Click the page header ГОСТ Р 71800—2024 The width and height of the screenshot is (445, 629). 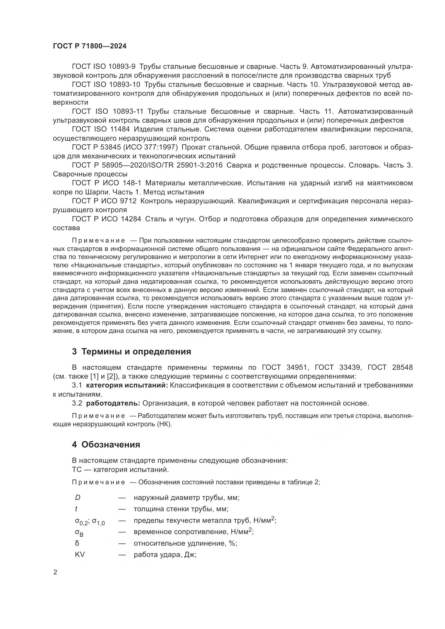[x=90, y=46]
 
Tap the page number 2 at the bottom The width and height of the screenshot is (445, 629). [x=55, y=572]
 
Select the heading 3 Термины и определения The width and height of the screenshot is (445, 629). [x=132, y=351]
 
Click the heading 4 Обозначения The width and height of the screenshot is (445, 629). [x=106, y=444]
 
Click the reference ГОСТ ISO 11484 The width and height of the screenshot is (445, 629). [x=101, y=129]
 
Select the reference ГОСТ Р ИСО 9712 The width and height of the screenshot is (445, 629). [x=104, y=201]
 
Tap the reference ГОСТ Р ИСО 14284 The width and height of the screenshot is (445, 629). [x=107, y=219]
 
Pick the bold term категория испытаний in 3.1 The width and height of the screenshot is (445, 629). [x=127, y=385]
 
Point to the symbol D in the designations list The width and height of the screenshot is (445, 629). [x=77, y=497]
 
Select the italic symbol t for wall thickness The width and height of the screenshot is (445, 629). [x=76, y=509]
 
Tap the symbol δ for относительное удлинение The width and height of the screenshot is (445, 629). [x=77, y=543]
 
